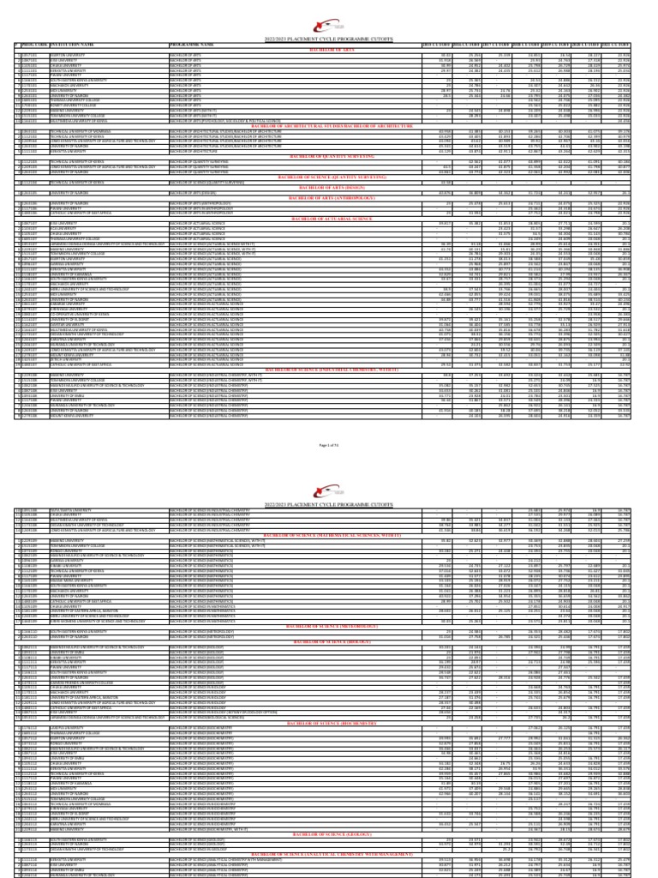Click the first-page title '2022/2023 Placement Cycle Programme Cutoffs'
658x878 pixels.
[329, 33]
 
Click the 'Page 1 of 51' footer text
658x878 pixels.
[329, 423]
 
